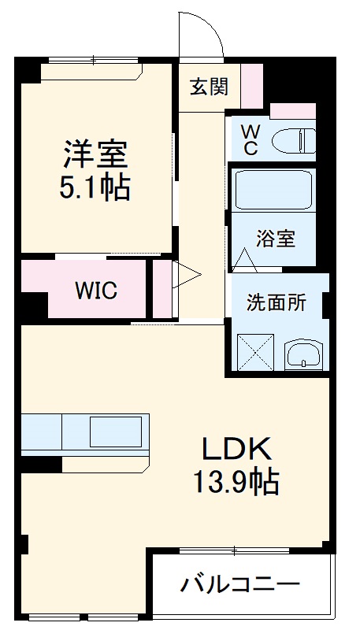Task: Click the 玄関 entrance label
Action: (209, 86)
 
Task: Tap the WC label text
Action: (248, 139)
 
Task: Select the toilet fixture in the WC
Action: (292, 142)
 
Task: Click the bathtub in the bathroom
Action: (273, 190)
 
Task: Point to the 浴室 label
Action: (276, 238)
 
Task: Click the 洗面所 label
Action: (276, 302)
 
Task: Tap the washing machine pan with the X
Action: (255, 352)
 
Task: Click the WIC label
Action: (96, 291)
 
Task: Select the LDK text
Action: (236, 449)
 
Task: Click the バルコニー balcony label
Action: (240, 585)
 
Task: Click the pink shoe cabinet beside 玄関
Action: (251, 86)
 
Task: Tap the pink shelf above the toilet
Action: (291, 110)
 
